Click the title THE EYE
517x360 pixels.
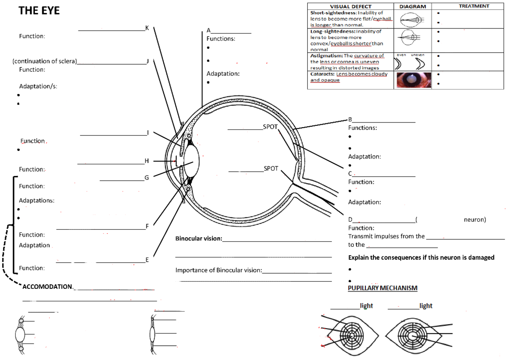pyautogui.click(x=39, y=11)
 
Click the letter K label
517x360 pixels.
pyautogui.click(x=147, y=28)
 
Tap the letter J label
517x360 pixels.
pyautogui.click(x=147, y=61)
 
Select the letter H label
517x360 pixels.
pyautogui.click(x=146, y=161)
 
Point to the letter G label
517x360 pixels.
pyautogui.click(x=146, y=177)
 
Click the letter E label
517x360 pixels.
pyautogui.click(x=147, y=260)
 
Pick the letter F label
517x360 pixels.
pyautogui.click(x=147, y=226)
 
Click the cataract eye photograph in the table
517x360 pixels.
pyautogui.click(x=412, y=80)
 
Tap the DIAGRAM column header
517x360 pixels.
pyautogui.click(x=412, y=6)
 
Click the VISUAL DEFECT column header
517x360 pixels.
pyautogui.click(x=350, y=6)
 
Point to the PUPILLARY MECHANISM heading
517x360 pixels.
pyautogui.click(x=383, y=288)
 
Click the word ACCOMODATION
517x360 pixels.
pyautogui.click(x=47, y=287)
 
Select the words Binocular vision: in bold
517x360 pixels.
pyautogui.click(x=199, y=238)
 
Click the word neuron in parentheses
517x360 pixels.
pyautogui.click(x=474, y=219)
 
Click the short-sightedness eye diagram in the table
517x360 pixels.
pyautogui.click(x=411, y=19)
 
